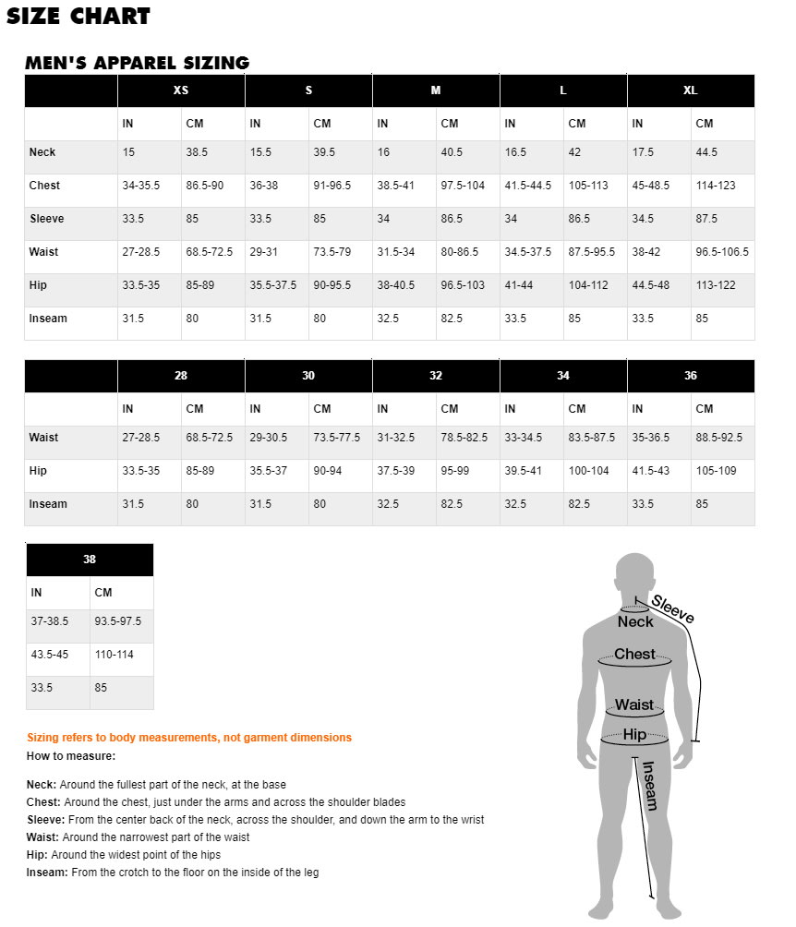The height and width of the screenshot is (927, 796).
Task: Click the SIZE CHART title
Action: pyautogui.click(x=78, y=16)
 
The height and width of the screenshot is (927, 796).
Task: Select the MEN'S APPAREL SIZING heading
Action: pyautogui.click(x=137, y=63)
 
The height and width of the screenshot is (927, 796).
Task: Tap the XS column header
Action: pyautogui.click(x=181, y=90)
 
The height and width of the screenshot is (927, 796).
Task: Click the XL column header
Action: pyautogui.click(x=691, y=90)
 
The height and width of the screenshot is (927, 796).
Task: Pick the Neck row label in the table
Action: pyautogui.click(x=42, y=152)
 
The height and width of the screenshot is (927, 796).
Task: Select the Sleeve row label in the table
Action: pyautogui.click(x=46, y=219)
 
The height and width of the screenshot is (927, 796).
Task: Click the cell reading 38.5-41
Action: pyautogui.click(x=396, y=186)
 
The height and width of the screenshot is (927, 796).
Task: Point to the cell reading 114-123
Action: pyautogui.click(x=716, y=186)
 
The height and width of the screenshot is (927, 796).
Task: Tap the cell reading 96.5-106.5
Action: pyautogui.click(x=722, y=252)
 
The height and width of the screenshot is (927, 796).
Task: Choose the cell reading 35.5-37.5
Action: pyautogui.click(x=273, y=285)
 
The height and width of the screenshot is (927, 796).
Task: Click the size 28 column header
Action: pyautogui.click(x=181, y=376)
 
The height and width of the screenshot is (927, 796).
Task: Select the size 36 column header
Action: pyautogui.click(x=691, y=376)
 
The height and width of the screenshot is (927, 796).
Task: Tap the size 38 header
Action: pyautogui.click(x=90, y=560)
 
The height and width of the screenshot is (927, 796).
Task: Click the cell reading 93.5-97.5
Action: pyautogui.click(x=118, y=621)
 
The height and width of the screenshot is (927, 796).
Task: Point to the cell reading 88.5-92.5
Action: pyautogui.click(x=719, y=438)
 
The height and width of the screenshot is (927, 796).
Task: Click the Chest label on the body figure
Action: pyautogui.click(x=634, y=654)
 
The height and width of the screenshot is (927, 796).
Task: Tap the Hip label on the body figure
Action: pyautogui.click(x=634, y=735)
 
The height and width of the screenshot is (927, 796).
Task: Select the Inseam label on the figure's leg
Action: pyautogui.click(x=649, y=785)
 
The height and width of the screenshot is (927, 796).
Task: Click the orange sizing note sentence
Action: pyautogui.click(x=189, y=738)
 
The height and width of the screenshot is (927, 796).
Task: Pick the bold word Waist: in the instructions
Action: pyautogui.click(x=42, y=837)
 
